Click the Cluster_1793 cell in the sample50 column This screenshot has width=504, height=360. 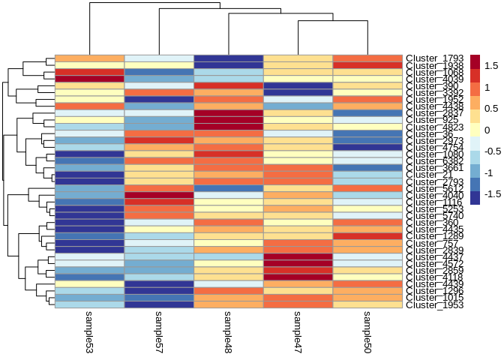tap(367, 58)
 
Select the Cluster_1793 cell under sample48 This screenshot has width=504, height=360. tap(228, 58)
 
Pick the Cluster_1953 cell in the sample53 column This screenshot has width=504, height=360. tap(89, 305)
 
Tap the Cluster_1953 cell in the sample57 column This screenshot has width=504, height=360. tap(159, 305)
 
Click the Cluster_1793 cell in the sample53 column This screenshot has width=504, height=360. tap(89, 58)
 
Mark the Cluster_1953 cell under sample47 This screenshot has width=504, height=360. tap(298, 305)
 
